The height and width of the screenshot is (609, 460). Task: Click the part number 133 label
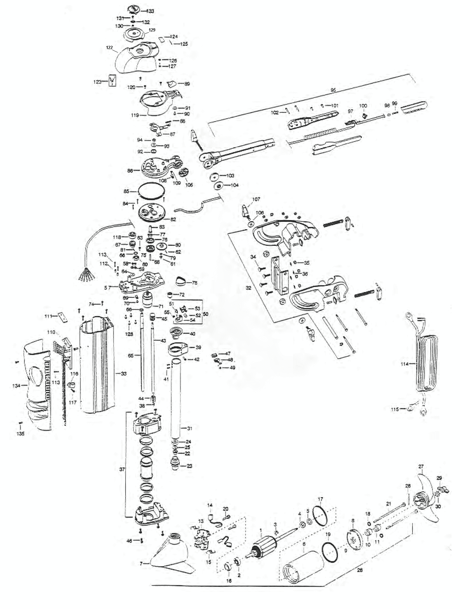[150, 11]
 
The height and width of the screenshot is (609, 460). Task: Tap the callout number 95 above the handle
[333, 90]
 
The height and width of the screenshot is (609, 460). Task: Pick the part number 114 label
[404, 364]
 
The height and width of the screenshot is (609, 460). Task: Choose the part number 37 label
[122, 469]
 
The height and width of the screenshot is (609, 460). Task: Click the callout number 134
[16, 386]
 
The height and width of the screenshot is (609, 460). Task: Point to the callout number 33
[123, 374]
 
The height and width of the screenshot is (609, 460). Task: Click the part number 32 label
[249, 288]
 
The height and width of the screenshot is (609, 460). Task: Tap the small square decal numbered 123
[113, 80]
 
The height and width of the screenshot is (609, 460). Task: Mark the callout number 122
[109, 47]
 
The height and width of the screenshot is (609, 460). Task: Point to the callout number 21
[388, 504]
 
